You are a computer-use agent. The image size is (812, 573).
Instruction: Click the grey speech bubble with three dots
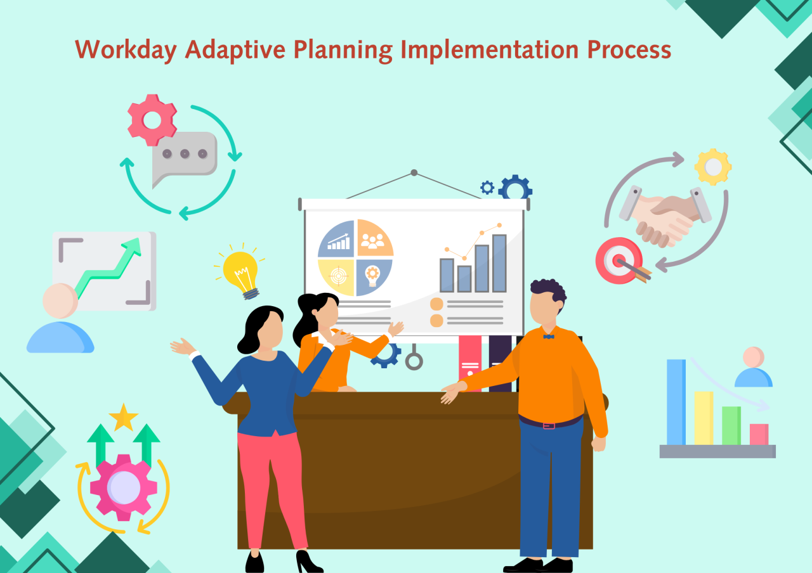(x=184, y=155)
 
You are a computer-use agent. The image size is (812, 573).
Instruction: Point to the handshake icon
(x=663, y=216)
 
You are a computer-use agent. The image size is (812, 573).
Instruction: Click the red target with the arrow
(x=619, y=261)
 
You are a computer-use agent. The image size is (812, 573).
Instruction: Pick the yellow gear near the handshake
(x=713, y=167)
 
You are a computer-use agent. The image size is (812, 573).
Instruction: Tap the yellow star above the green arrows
(x=123, y=418)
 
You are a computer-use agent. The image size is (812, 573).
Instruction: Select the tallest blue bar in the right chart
(x=676, y=402)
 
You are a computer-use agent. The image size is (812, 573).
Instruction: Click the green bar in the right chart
(x=731, y=425)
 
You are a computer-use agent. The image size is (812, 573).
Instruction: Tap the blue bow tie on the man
(x=548, y=336)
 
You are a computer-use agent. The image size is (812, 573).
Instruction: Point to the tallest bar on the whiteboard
(x=499, y=263)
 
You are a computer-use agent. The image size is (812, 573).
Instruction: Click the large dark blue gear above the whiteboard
(x=514, y=188)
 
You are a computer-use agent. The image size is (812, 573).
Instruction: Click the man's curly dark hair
(x=549, y=291)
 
